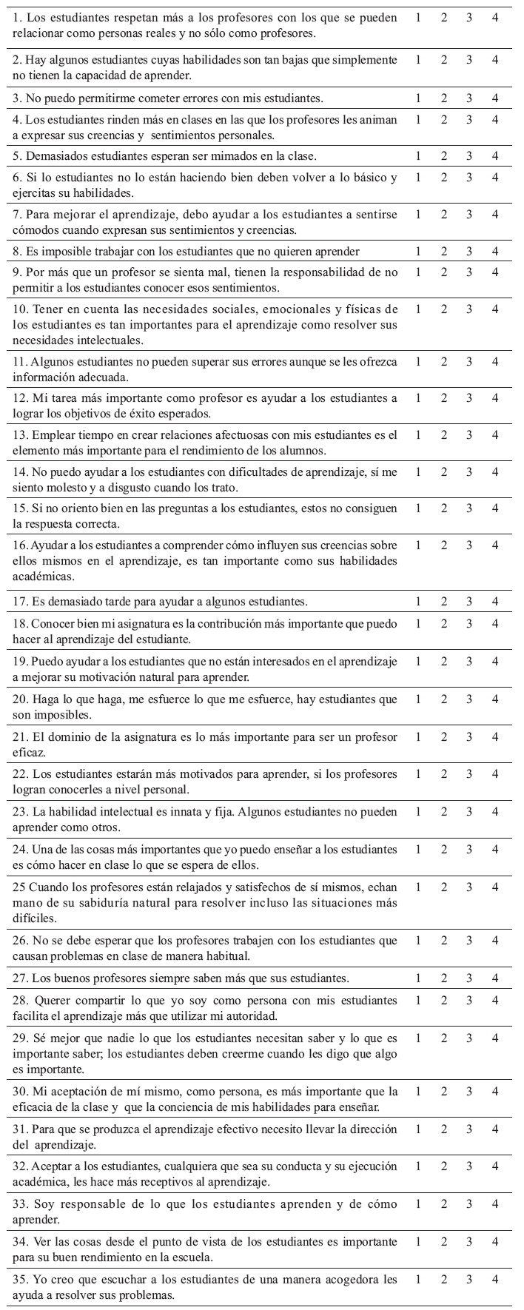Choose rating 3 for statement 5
[x=469, y=156]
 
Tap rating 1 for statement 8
[x=418, y=251]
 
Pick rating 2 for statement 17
[x=444, y=601]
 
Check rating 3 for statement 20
[x=469, y=699]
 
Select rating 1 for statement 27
[x=418, y=978]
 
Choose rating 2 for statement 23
[x=444, y=811]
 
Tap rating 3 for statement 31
[x=469, y=1129]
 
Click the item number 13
[x=21, y=435]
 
